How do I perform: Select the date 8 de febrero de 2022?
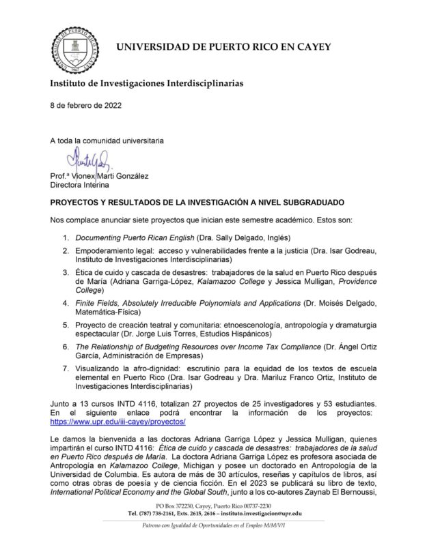pyautogui.click(x=89, y=106)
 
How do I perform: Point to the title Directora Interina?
pyautogui.click(x=82, y=184)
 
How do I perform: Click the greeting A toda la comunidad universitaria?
pyautogui.click(x=106, y=141)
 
